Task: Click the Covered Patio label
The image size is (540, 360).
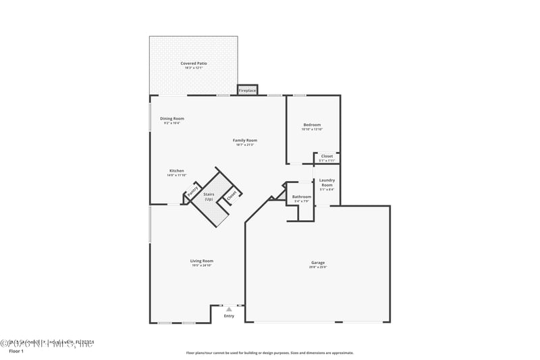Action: tap(194, 63)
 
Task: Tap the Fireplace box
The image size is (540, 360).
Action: tap(247, 90)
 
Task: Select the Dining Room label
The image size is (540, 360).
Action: tap(172, 118)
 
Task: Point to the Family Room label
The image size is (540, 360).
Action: tap(246, 140)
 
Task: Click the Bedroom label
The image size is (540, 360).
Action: tap(312, 124)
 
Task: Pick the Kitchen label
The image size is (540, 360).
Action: tap(176, 170)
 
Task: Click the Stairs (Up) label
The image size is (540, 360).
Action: tap(209, 197)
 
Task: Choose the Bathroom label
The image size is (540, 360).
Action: tap(302, 197)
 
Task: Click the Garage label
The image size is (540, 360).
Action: tap(318, 262)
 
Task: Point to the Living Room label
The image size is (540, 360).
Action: tap(202, 261)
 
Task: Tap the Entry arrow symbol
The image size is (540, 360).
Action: tap(229, 309)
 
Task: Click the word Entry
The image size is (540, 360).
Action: tap(229, 316)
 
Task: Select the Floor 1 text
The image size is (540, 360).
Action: tap(16, 351)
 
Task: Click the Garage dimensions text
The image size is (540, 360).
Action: tap(318, 267)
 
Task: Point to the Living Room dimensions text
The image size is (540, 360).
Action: tap(202, 265)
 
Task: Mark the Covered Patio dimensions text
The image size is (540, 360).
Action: tap(194, 68)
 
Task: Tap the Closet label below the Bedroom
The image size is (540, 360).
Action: tap(327, 156)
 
